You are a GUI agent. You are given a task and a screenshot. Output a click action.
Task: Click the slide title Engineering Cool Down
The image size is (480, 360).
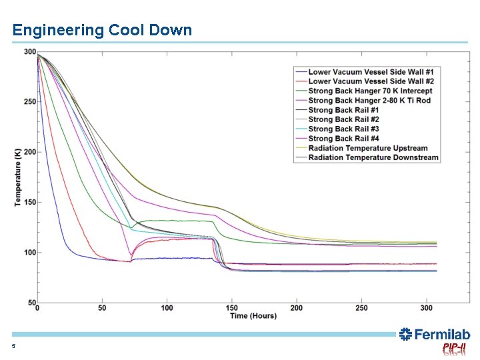click(102, 30)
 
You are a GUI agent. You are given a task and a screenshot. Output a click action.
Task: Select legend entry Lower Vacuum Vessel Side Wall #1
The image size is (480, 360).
click(371, 72)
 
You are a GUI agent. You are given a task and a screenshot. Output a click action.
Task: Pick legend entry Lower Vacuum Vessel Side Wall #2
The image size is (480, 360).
click(371, 81)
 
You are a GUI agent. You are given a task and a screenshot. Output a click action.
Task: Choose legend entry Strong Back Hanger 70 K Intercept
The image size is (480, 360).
click(370, 91)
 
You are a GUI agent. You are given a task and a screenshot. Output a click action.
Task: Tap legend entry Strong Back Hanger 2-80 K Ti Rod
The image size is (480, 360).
click(369, 101)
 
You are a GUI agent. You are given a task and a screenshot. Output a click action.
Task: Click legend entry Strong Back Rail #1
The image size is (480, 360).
click(344, 110)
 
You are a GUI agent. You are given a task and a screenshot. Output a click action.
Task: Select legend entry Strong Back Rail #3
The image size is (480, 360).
click(344, 129)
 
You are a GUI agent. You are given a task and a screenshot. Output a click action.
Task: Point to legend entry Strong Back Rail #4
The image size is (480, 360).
click(344, 139)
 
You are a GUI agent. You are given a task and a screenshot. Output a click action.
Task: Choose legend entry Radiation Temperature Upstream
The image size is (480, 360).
click(368, 148)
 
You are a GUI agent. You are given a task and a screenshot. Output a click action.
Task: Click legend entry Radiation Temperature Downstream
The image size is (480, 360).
click(373, 157)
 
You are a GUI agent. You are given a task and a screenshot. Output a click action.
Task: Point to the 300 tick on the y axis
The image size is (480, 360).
click(30, 52)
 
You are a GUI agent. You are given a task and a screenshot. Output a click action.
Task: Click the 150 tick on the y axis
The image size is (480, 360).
click(30, 202)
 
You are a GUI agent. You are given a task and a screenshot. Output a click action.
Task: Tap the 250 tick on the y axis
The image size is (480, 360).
click(30, 102)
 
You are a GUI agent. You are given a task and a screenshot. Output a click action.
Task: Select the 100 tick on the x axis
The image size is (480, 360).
click(167, 308)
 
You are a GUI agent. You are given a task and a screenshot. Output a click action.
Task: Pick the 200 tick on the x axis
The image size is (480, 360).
click(296, 308)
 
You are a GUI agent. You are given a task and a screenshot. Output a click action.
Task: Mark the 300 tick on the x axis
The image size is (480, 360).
click(425, 308)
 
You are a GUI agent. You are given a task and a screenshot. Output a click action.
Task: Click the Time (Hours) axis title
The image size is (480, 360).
click(253, 316)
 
